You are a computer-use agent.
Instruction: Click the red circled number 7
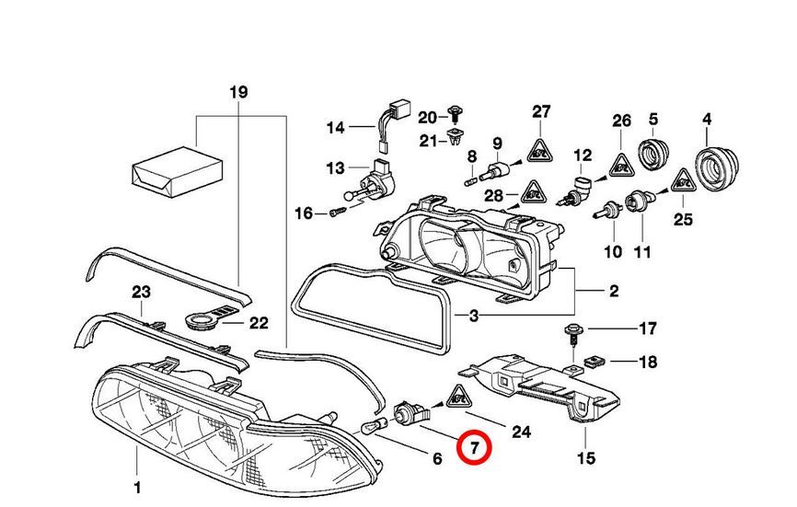476,448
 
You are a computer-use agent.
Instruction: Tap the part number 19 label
238,92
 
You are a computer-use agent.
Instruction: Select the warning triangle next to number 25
682,182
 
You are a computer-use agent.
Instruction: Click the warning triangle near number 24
457,397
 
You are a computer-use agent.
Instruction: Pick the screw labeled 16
337,213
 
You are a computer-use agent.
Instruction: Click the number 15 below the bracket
585,458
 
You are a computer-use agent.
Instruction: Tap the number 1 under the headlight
136,487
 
